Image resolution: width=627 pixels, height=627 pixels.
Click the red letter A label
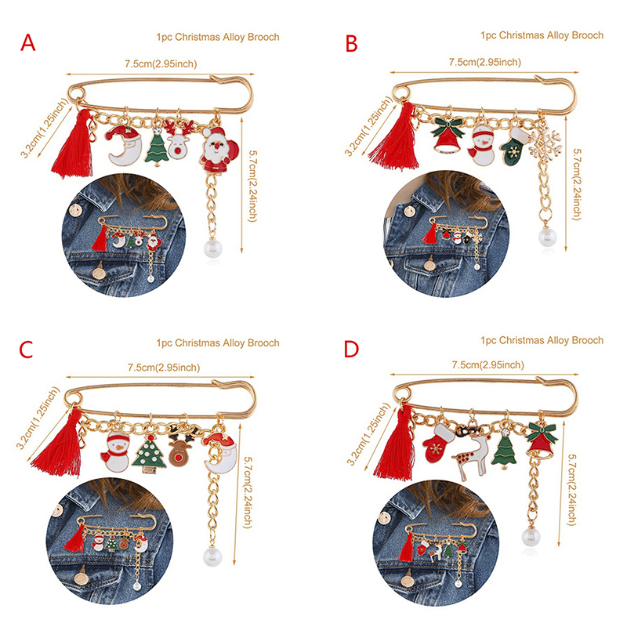point(28,43)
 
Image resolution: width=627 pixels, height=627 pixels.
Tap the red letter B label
point(351,44)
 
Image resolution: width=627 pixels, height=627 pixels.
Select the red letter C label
point(26,350)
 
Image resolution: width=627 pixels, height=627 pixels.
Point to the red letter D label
point(351,349)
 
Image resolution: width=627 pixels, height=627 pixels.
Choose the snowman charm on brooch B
point(481,145)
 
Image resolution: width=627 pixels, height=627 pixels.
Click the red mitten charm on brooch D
point(438,444)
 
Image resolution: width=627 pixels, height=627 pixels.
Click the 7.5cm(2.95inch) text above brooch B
point(484,62)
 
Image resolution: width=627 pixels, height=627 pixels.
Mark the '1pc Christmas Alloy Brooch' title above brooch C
point(218,342)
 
